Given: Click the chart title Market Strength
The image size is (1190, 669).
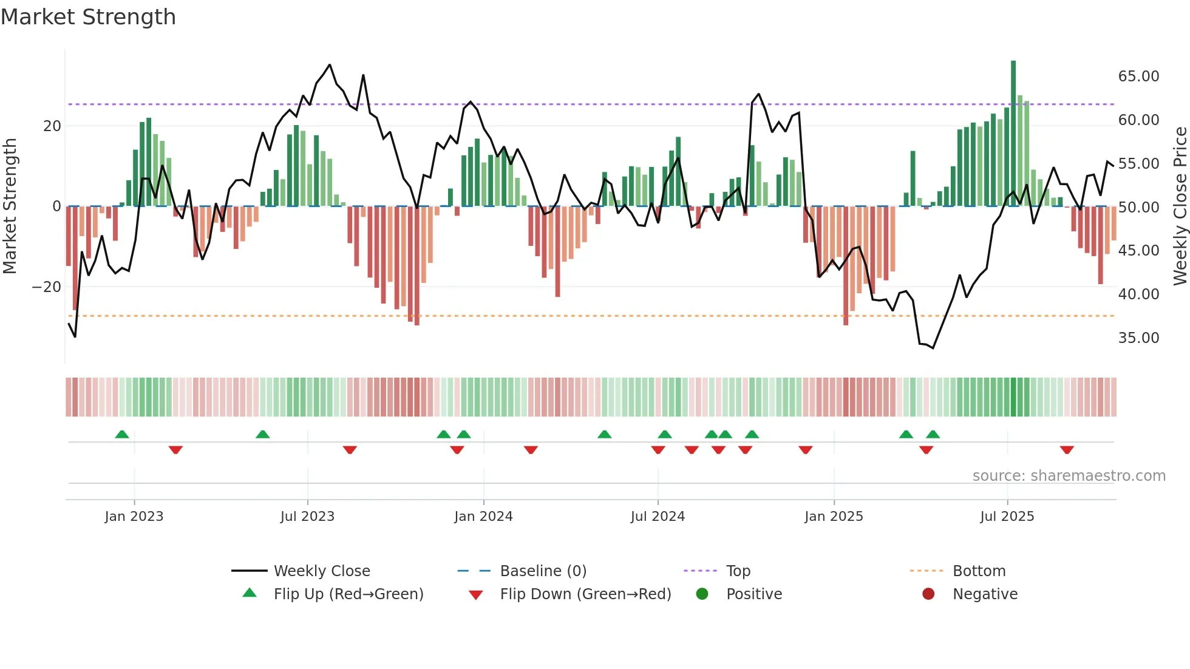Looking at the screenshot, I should tap(88, 17).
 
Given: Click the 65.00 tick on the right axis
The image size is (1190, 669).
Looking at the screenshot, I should tap(1138, 76).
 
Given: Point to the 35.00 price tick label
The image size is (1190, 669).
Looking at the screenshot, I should tap(1138, 338).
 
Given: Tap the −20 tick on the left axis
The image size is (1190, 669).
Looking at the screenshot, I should tap(47, 287).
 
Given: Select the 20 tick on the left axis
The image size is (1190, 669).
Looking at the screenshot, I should tap(52, 126).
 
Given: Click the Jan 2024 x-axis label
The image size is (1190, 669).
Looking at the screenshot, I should tap(483, 517).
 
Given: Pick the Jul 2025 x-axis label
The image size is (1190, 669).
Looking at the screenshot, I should tap(1007, 517).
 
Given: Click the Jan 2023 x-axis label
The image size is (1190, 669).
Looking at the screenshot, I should tap(134, 517).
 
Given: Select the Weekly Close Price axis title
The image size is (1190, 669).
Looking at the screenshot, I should tap(1180, 206).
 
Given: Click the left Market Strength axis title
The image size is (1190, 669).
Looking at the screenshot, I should tap(10, 206).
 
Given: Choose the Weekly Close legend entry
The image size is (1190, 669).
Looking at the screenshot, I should tap(321, 571).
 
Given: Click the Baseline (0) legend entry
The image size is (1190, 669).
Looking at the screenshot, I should tap(543, 571).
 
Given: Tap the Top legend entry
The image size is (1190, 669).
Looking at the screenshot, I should tap(738, 571).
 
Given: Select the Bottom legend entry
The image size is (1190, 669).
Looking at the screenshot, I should tap(979, 571).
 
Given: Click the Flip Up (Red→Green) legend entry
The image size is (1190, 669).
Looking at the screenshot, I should tap(348, 594).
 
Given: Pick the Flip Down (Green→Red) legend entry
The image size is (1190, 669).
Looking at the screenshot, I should tap(585, 594).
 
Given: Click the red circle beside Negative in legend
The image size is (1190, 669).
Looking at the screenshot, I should tap(928, 594).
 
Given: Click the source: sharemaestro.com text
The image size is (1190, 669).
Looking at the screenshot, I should tap(1069, 476).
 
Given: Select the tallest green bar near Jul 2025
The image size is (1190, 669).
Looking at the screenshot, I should tap(1013, 134).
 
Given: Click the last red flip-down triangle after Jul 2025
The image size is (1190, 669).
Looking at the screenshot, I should tap(1067, 450).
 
